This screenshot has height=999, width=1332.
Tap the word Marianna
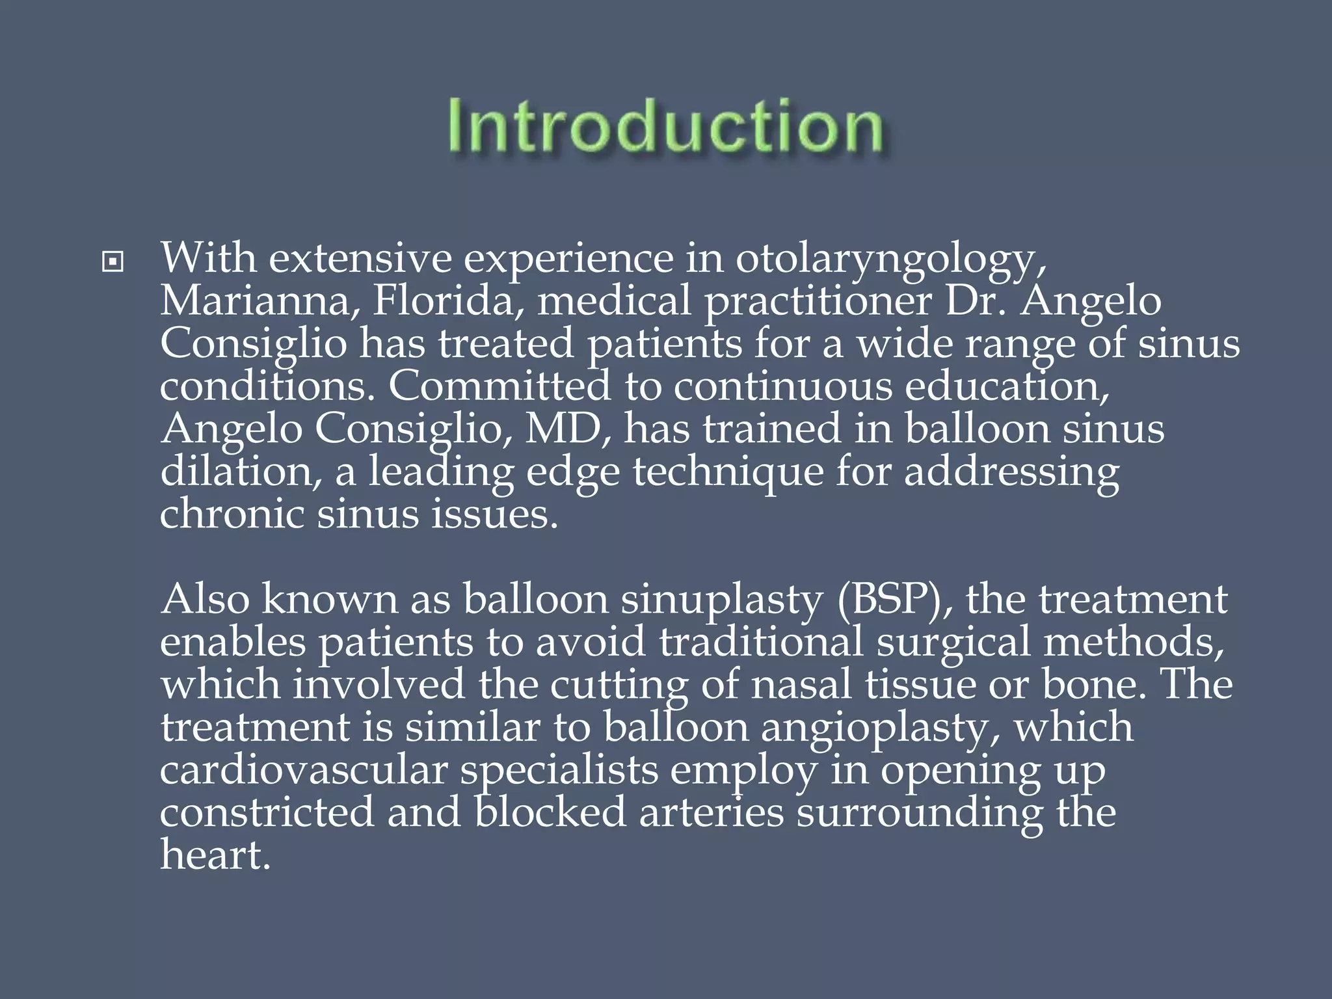(x=258, y=301)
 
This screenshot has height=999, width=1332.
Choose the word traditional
(x=761, y=642)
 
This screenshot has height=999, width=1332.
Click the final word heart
(x=215, y=855)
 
